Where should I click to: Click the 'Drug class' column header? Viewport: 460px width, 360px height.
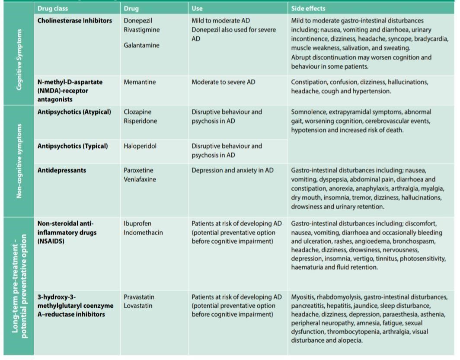pyautogui.click(x=53, y=8)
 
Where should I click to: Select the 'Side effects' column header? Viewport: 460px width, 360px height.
pyautogui.click(x=308, y=8)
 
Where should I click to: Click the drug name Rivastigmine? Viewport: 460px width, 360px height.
pyautogui.click(x=141, y=30)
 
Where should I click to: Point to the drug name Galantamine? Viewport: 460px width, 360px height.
pyautogui.click(x=141, y=45)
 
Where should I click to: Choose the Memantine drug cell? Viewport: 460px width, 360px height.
pyautogui.click(x=140, y=82)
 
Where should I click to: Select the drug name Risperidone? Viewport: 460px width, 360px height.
pyautogui.click(x=141, y=121)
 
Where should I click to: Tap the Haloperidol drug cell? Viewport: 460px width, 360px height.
pyautogui.click(x=140, y=146)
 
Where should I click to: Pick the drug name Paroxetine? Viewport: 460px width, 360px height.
pyautogui.click(x=138, y=170)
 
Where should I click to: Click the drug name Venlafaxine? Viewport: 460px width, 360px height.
pyautogui.click(x=140, y=179)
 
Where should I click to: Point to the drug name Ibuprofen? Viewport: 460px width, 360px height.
pyautogui.click(x=137, y=223)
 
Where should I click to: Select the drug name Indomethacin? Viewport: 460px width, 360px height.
pyautogui.click(x=143, y=233)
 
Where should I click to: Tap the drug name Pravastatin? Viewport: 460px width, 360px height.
pyautogui.click(x=139, y=297)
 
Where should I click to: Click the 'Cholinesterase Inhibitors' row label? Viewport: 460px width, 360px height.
pyautogui.click(x=74, y=20)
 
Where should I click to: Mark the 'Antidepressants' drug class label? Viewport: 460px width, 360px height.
pyautogui.click(x=61, y=170)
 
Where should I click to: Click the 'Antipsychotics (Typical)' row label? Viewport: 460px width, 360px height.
pyautogui.click(x=73, y=146)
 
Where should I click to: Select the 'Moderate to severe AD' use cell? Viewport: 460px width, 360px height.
pyautogui.click(x=224, y=82)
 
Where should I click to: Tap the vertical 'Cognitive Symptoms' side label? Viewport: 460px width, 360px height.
pyautogui.click(x=19, y=59)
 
